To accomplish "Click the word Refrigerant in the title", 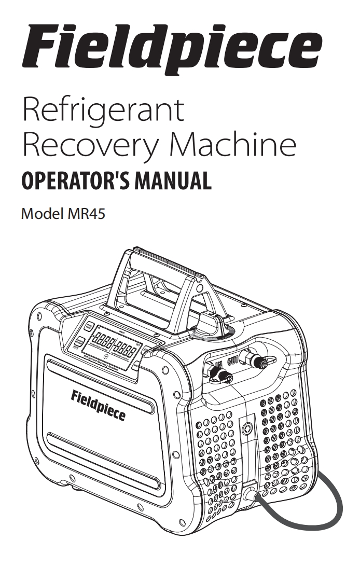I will click(x=103, y=110).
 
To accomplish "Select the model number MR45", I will click(x=86, y=214).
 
